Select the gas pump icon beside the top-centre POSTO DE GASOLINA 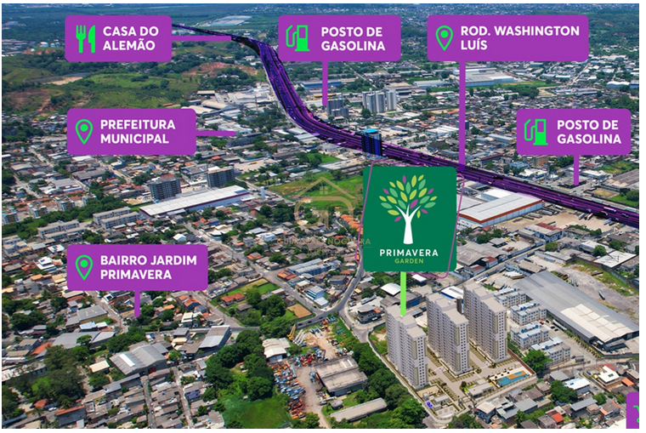(x=297, y=37)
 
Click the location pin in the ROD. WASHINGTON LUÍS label (x=444, y=37)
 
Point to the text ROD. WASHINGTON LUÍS (x=519, y=37)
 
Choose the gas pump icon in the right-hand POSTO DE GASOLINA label (x=535, y=131)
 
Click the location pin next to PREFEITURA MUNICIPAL (x=83, y=131)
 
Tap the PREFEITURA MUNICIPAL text (x=137, y=131)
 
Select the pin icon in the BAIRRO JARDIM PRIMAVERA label (x=83, y=266)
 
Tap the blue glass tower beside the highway (x=371, y=141)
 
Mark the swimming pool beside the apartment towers (x=511, y=378)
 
